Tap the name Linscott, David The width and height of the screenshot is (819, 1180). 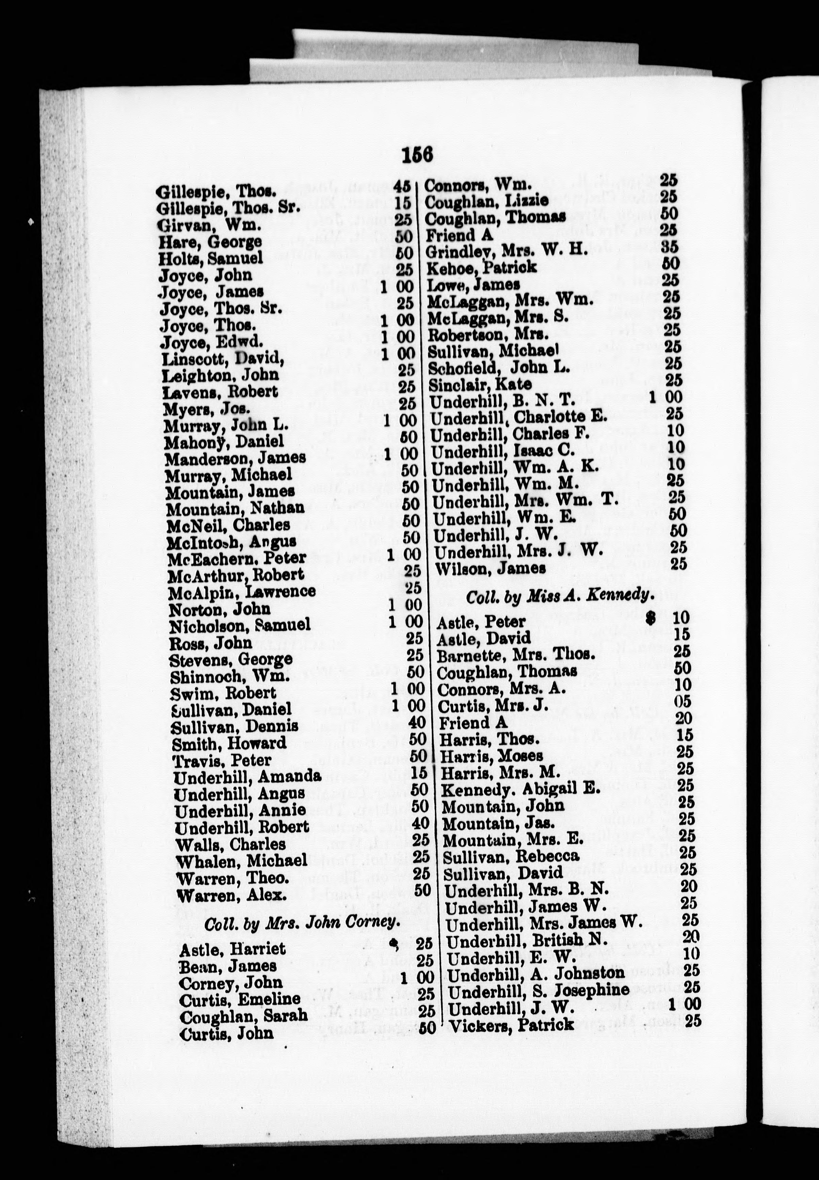point(223,358)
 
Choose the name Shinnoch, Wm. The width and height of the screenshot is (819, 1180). point(230,676)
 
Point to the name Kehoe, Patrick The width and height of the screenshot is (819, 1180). point(481,267)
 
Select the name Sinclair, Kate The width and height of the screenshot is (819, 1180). point(480,384)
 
